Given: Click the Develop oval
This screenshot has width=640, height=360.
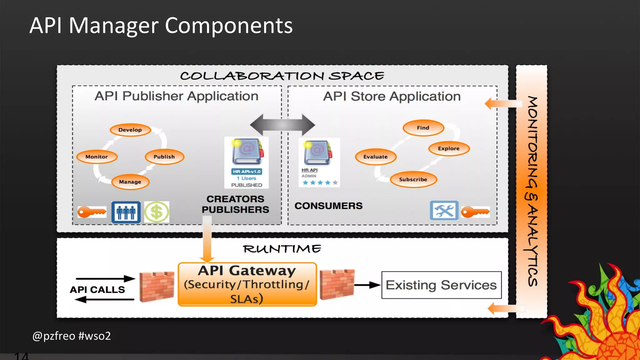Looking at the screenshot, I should pyautogui.click(x=130, y=130).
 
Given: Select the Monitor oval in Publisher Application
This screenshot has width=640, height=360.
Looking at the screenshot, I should pyautogui.click(x=97, y=157).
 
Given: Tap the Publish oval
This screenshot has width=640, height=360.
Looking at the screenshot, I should pyautogui.click(x=164, y=157).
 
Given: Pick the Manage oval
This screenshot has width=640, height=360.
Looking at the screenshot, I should pyautogui.click(x=130, y=182).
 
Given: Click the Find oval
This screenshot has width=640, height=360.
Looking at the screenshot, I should pyautogui.click(x=423, y=128).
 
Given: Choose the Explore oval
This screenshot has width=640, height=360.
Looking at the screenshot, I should pyautogui.click(x=449, y=149).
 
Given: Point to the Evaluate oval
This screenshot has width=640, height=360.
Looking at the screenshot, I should pyautogui.click(x=376, y=157).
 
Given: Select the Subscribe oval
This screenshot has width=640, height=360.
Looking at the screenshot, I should pyautogui.click(x=413, y=180).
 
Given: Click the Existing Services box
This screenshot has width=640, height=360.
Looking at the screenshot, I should pyautogui.click(x=441, y=285).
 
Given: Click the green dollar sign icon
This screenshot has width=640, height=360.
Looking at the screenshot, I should pyautogui.click(x=157, y=212).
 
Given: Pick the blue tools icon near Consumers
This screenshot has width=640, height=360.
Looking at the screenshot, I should pyautogui.click(x=444, y=211).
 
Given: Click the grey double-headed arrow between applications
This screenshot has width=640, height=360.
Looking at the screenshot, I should pyautogui.click(x=282, y=125).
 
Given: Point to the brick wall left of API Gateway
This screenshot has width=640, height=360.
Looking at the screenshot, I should pyautogui.click(x=157, y=287).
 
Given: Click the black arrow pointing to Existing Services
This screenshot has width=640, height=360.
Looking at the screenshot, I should pyautogui.click(x=367, y=285).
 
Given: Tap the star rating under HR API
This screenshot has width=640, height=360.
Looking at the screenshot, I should pyautogui.click(x=320, y=183).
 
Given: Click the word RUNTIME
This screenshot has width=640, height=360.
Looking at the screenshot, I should pyautogui.click(x=282, y=249).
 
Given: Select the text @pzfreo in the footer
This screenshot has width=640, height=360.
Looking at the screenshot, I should pyautogui.click(x=54, y=336).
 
